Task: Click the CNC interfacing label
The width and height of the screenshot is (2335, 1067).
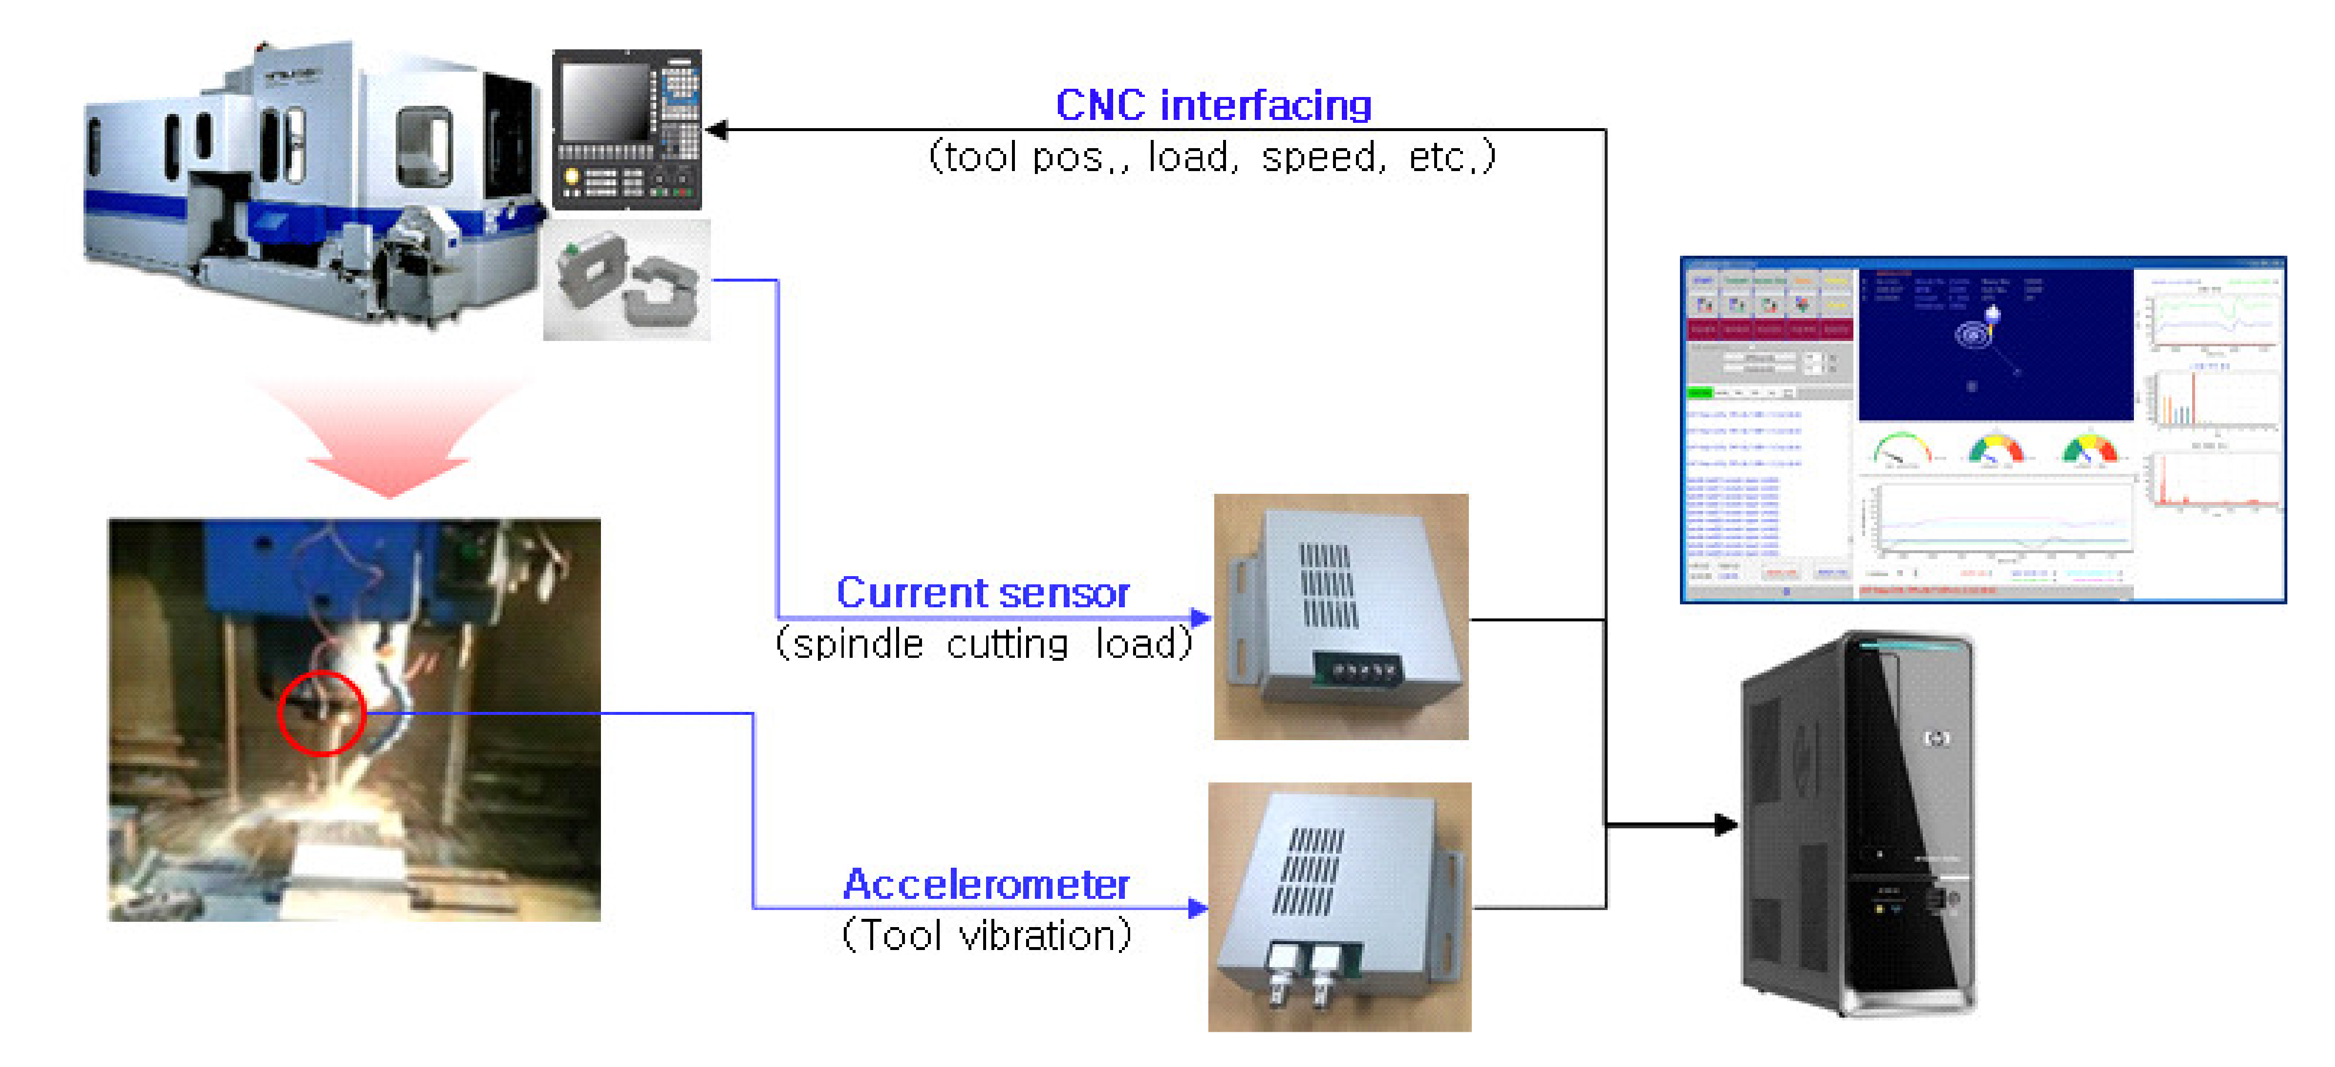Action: [1213, 105]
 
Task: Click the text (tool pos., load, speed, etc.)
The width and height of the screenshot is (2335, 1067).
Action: [1212, 157]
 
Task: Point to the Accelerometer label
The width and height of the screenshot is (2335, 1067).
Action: [986, 884]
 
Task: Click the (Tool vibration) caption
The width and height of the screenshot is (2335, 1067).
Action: [986, 935]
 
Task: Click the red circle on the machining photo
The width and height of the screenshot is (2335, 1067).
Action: [321, 714]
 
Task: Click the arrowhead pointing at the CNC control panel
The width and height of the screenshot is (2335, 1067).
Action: [716, 131]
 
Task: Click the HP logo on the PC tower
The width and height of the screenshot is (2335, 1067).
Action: [1936, 739]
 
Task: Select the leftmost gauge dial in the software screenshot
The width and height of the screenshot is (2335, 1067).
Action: [1901, 449]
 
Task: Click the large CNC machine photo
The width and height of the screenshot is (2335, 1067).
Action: [308, 181]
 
